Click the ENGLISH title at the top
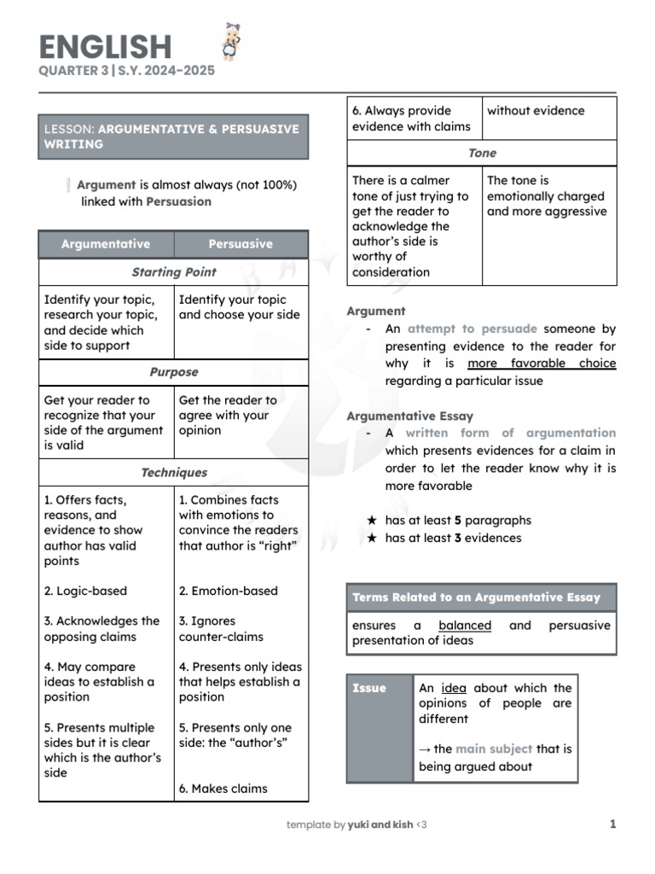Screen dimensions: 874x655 tap(105, 46)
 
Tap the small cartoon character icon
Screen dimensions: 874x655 tap(229, 42)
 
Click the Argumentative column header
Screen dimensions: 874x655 tap(106, 244)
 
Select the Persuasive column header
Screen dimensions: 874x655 tap(241, 244)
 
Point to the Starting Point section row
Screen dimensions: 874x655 tap(173, 272)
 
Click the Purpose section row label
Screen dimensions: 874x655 tap(173, 372)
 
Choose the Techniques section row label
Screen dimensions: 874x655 tap(173, 472)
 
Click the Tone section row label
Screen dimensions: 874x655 tap(482, 153)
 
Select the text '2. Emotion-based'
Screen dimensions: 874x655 tap(228, 591)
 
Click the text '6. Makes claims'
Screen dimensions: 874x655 tap(223, 789)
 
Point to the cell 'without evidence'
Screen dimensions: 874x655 tap(536, 110)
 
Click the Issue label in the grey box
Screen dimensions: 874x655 tap(369, 688)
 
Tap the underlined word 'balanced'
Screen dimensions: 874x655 tap(465, 625)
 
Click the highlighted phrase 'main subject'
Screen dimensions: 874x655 tap(494, 749)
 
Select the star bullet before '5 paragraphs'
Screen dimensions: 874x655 tap(371, 521)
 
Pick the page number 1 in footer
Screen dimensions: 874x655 tap(612, 824)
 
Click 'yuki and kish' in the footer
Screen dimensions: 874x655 tap(380, 824)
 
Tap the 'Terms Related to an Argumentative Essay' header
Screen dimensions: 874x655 tap(476, 597)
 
